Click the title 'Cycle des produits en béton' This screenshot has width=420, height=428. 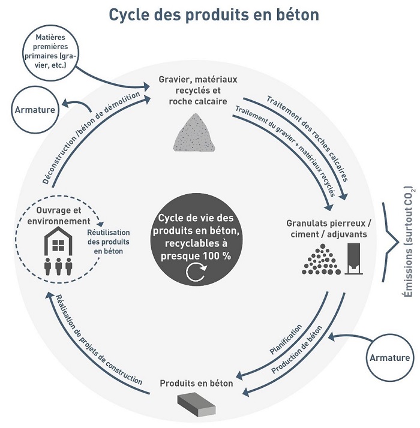coord(214,15)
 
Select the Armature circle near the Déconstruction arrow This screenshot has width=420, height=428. coord(35,110)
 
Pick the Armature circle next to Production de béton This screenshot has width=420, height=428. coord(389,358)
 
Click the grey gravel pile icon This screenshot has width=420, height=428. coord(194,132)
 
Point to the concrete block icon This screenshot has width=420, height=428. coord(196,404)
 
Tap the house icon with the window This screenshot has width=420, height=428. coord(58,240)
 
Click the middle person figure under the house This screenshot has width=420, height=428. coord(58,267)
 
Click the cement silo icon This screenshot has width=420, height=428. coord(354,258)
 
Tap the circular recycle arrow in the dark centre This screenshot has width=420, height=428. coord(196,272)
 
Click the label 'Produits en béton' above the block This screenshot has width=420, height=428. coord(196,383)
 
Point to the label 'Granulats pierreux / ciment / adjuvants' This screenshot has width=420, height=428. coord(329,229)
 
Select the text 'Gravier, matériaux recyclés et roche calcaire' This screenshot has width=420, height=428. coord(198,91)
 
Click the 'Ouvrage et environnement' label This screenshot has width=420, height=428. coord(59,216)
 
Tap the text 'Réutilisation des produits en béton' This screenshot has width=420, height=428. coord(109,242)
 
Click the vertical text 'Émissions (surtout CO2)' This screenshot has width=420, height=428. coord(409,242)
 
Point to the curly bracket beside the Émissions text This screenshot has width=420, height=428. coord(391,242)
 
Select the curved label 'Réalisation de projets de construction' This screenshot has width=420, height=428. coord(99,340)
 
